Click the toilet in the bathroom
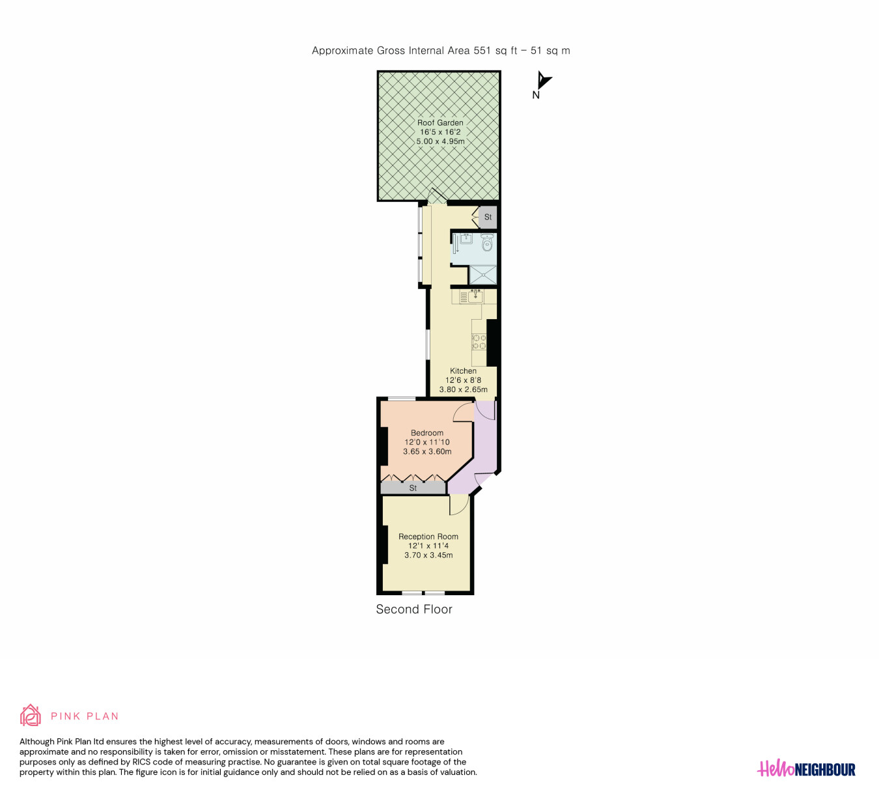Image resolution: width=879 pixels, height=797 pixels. (487, 242)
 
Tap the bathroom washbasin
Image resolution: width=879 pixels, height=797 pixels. (466, 238)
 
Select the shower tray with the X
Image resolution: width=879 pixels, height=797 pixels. (483, 275)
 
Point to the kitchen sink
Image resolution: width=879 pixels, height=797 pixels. (475, 297)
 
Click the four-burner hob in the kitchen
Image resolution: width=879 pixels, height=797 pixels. (479, 342)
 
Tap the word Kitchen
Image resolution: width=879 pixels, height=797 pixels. (463, 371)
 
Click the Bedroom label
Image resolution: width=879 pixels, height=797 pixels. (426, 433)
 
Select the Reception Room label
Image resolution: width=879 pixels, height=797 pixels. (428, 536)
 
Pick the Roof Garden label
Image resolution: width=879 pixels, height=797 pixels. (440, 123)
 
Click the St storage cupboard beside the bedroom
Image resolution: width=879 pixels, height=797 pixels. (413, 488)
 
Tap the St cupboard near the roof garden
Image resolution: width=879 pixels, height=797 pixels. (488, 217)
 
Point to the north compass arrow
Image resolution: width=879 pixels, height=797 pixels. (543, 81)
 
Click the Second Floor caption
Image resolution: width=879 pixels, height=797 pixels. (414, 609)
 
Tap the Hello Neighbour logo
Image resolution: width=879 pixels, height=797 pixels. (806, 770)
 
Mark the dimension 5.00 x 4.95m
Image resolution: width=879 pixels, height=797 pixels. (440, 141)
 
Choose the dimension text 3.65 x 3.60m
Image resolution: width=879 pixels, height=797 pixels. (427, 451)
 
